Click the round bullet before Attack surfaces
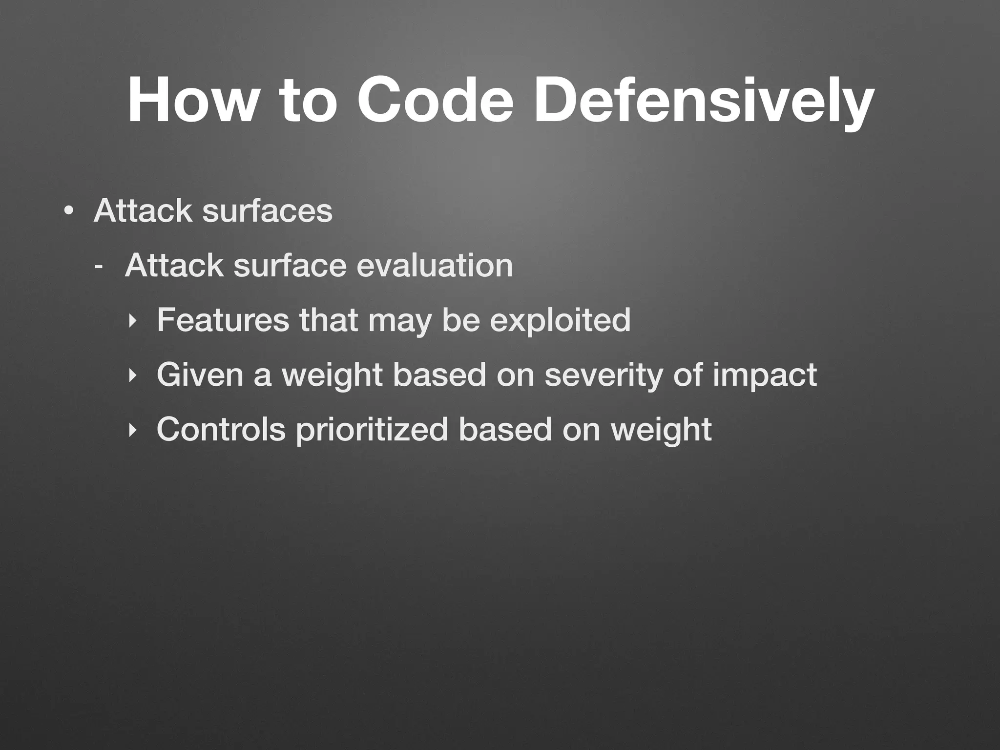click(x=69, y=211)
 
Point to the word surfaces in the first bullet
click(x=267, y=211)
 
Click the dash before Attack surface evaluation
click(x=99, y=267)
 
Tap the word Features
click(x=223, y=320)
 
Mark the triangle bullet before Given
click(x=131, y=376)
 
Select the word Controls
click(x=221, y=430)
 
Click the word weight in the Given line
click(x=332, y=376)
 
